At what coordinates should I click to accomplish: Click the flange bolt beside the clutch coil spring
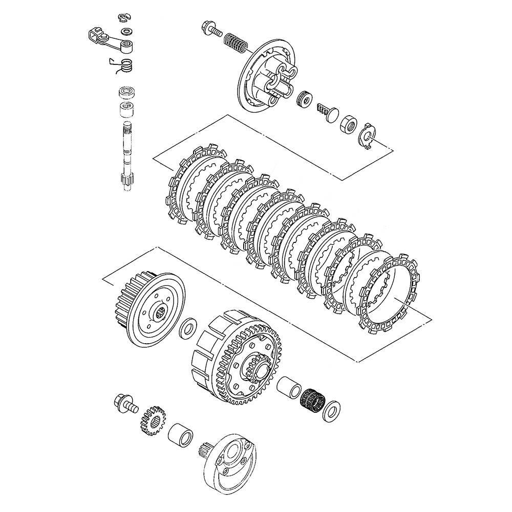(x=211, y=27)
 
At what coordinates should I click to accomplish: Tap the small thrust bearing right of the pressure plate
(x=305, y=99)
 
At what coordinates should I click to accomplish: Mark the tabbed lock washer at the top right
(x=367, y=135)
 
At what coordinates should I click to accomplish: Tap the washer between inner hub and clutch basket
(x=189, y=328)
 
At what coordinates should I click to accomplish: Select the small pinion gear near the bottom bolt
(x=152, y=420)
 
